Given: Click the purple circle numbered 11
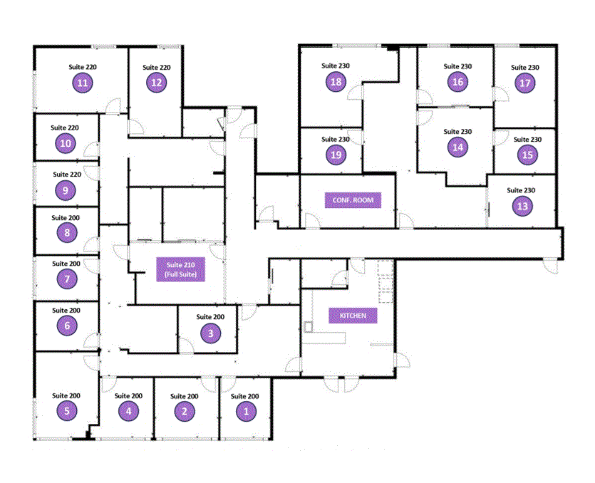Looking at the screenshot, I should pos(83,83).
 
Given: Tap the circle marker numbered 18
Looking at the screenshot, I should pos(336,82).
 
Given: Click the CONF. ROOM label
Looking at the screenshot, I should pos(352,200).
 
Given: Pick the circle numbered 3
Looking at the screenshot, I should pos(210,332).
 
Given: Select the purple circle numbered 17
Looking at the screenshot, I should pos(525,83).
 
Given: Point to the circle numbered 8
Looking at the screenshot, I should pos(67,232).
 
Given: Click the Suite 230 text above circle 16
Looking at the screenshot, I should pos(457,66).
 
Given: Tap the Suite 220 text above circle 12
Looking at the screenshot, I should pos(156,68).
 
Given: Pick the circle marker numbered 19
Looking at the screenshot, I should pos(336,155).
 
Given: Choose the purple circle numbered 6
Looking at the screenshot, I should pos(67,326).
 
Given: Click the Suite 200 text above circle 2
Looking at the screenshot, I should pos(183,396).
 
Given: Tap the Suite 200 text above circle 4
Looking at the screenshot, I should pos(128,396).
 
